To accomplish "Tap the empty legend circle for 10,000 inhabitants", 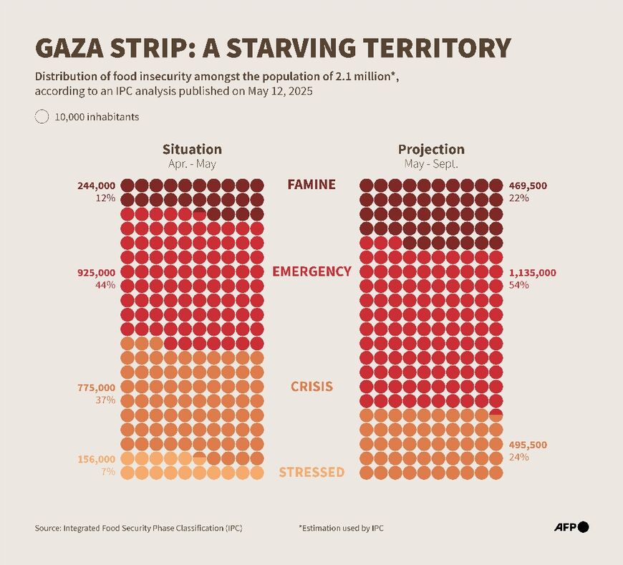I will point(42,117).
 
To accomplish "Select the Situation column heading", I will point(192,149).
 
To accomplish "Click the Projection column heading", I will point(431,149).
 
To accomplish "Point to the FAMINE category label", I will point(311,185).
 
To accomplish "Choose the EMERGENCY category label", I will point(311,271).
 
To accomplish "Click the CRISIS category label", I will point(311,387).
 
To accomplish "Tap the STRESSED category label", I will point(311,473).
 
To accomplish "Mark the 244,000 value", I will point(96,185).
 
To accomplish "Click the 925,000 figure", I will point(96,273).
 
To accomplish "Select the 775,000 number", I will point(96,387).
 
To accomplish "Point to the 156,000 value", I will point(96,459).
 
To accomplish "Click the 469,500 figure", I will point(528,185).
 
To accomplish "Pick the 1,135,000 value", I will point(532,273).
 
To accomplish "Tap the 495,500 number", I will point(528,445).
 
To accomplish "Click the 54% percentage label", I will point(518,285).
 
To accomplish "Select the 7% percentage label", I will point(107,471).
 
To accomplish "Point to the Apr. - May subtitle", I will point(192,163).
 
